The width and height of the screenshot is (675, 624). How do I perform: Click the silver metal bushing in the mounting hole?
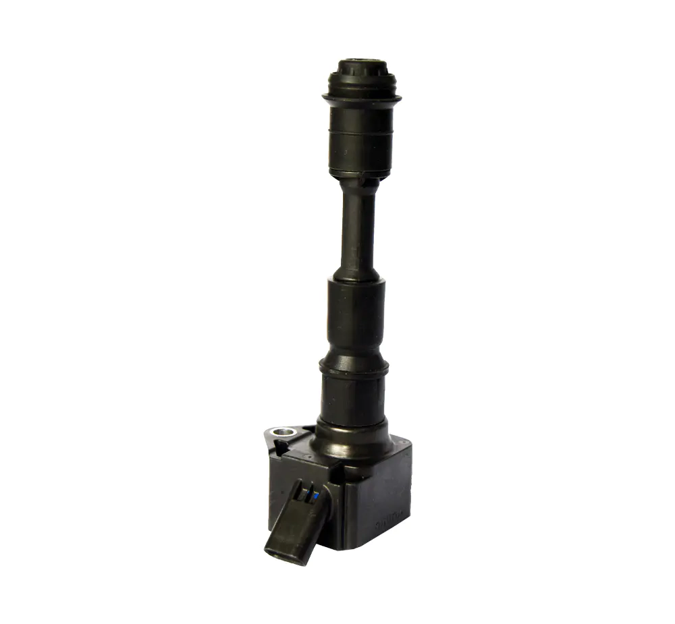(281, 432)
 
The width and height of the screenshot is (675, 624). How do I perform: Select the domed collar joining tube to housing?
(352, 438)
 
